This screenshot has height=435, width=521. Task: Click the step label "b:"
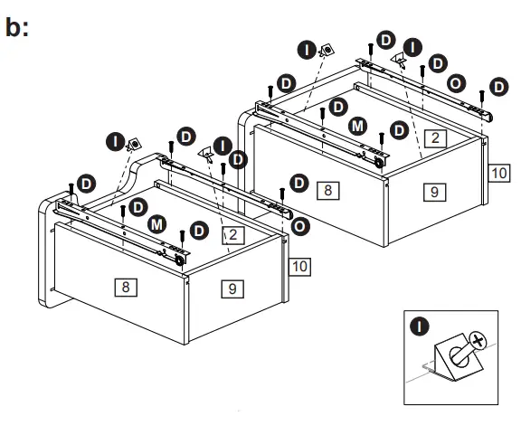17,27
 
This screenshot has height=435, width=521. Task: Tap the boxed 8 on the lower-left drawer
126,287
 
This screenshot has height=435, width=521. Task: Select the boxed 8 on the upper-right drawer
328,191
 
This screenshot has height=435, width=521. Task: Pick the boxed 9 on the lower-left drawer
232,288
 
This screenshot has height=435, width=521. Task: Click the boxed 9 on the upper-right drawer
434,192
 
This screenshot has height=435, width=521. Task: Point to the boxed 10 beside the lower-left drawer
299,267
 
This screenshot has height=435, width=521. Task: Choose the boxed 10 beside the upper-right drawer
499,173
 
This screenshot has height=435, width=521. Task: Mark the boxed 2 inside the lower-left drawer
233,235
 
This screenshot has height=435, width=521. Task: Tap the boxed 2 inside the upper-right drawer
435,137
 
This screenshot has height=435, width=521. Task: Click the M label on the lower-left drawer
156,224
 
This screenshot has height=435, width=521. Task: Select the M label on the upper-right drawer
357,127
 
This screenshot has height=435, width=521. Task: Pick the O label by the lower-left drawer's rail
300,227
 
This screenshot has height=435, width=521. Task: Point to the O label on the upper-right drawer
456,83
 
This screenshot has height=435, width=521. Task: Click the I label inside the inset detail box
420,326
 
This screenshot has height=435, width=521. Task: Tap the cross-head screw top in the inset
478,340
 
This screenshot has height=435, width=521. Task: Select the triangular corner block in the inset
459,357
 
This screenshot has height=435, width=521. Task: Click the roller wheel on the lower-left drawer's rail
179,260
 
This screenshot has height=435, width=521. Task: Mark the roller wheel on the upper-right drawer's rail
378,163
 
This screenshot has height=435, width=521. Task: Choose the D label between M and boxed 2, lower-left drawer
199,231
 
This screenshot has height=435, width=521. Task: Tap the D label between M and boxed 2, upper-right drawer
399,130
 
